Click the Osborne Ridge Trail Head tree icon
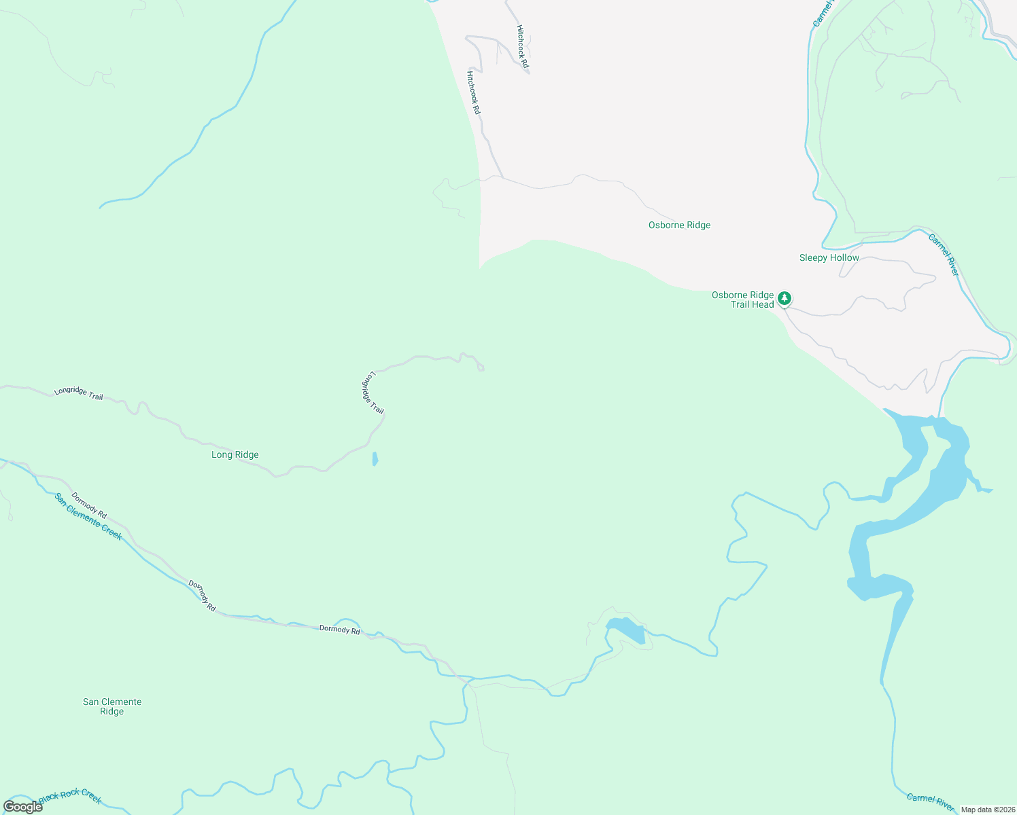pyautogui.click(x=785, y=298)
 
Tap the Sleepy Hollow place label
pyautogui.click(x=829, y=258)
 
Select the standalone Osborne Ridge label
pyautogui.click(x=679, y=225)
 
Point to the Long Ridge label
pyautogui.click(x=235, y=455)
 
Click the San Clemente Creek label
pyautogui.click(x=88, y=516)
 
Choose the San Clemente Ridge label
pyautogui.click(x=112, y=706)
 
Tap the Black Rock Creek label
pyautogui.click(x=70, y=797)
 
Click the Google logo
pyautogui.click(x=22, y=807)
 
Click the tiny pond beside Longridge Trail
pyautogui.click(x=375, y=459)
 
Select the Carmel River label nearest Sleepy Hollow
pyautogui.click(x=944, y=255)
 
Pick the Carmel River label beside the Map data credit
pyautogui.click(x=931, y=801)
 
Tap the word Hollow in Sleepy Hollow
pyautogui.click(x=844, y=258)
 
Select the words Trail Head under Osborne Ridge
pyautogui.click(x=752, y=305)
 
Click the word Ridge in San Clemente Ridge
pyautogui.click(x=112, y=712)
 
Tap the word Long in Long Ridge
pyautogui.click(x=222, y=455)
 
